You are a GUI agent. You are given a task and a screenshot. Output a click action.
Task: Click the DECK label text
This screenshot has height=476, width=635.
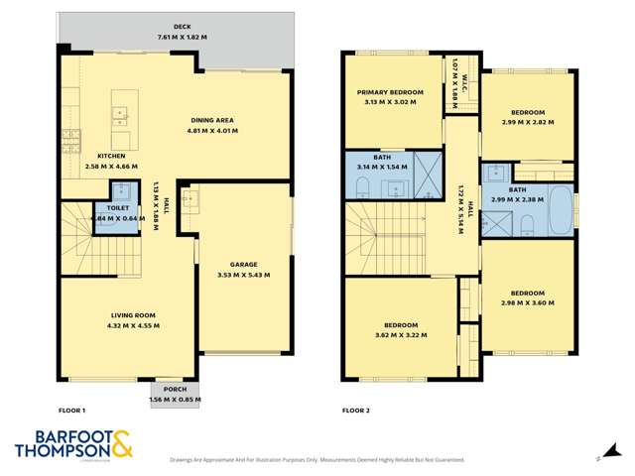pyautogui.click(x=182, y=28)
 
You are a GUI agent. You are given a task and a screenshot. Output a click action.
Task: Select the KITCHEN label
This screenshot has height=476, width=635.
pyautogui.click(x=111, y=157)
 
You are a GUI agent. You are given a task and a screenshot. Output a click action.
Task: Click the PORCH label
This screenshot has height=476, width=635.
pyautogui.click(x=174, y=389)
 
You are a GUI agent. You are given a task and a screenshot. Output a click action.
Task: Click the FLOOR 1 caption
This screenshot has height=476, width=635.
pyautogui.click(x=72, y=410)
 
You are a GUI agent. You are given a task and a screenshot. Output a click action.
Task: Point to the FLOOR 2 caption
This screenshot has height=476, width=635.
pyautogui.click(x=355, y=410)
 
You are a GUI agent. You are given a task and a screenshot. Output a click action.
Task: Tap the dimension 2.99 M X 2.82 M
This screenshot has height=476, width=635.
pyautogui.click(x=526, y=123)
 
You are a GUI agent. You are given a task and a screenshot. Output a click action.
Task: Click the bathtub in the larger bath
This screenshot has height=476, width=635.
pyautogui.click(x=562, y=210)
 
